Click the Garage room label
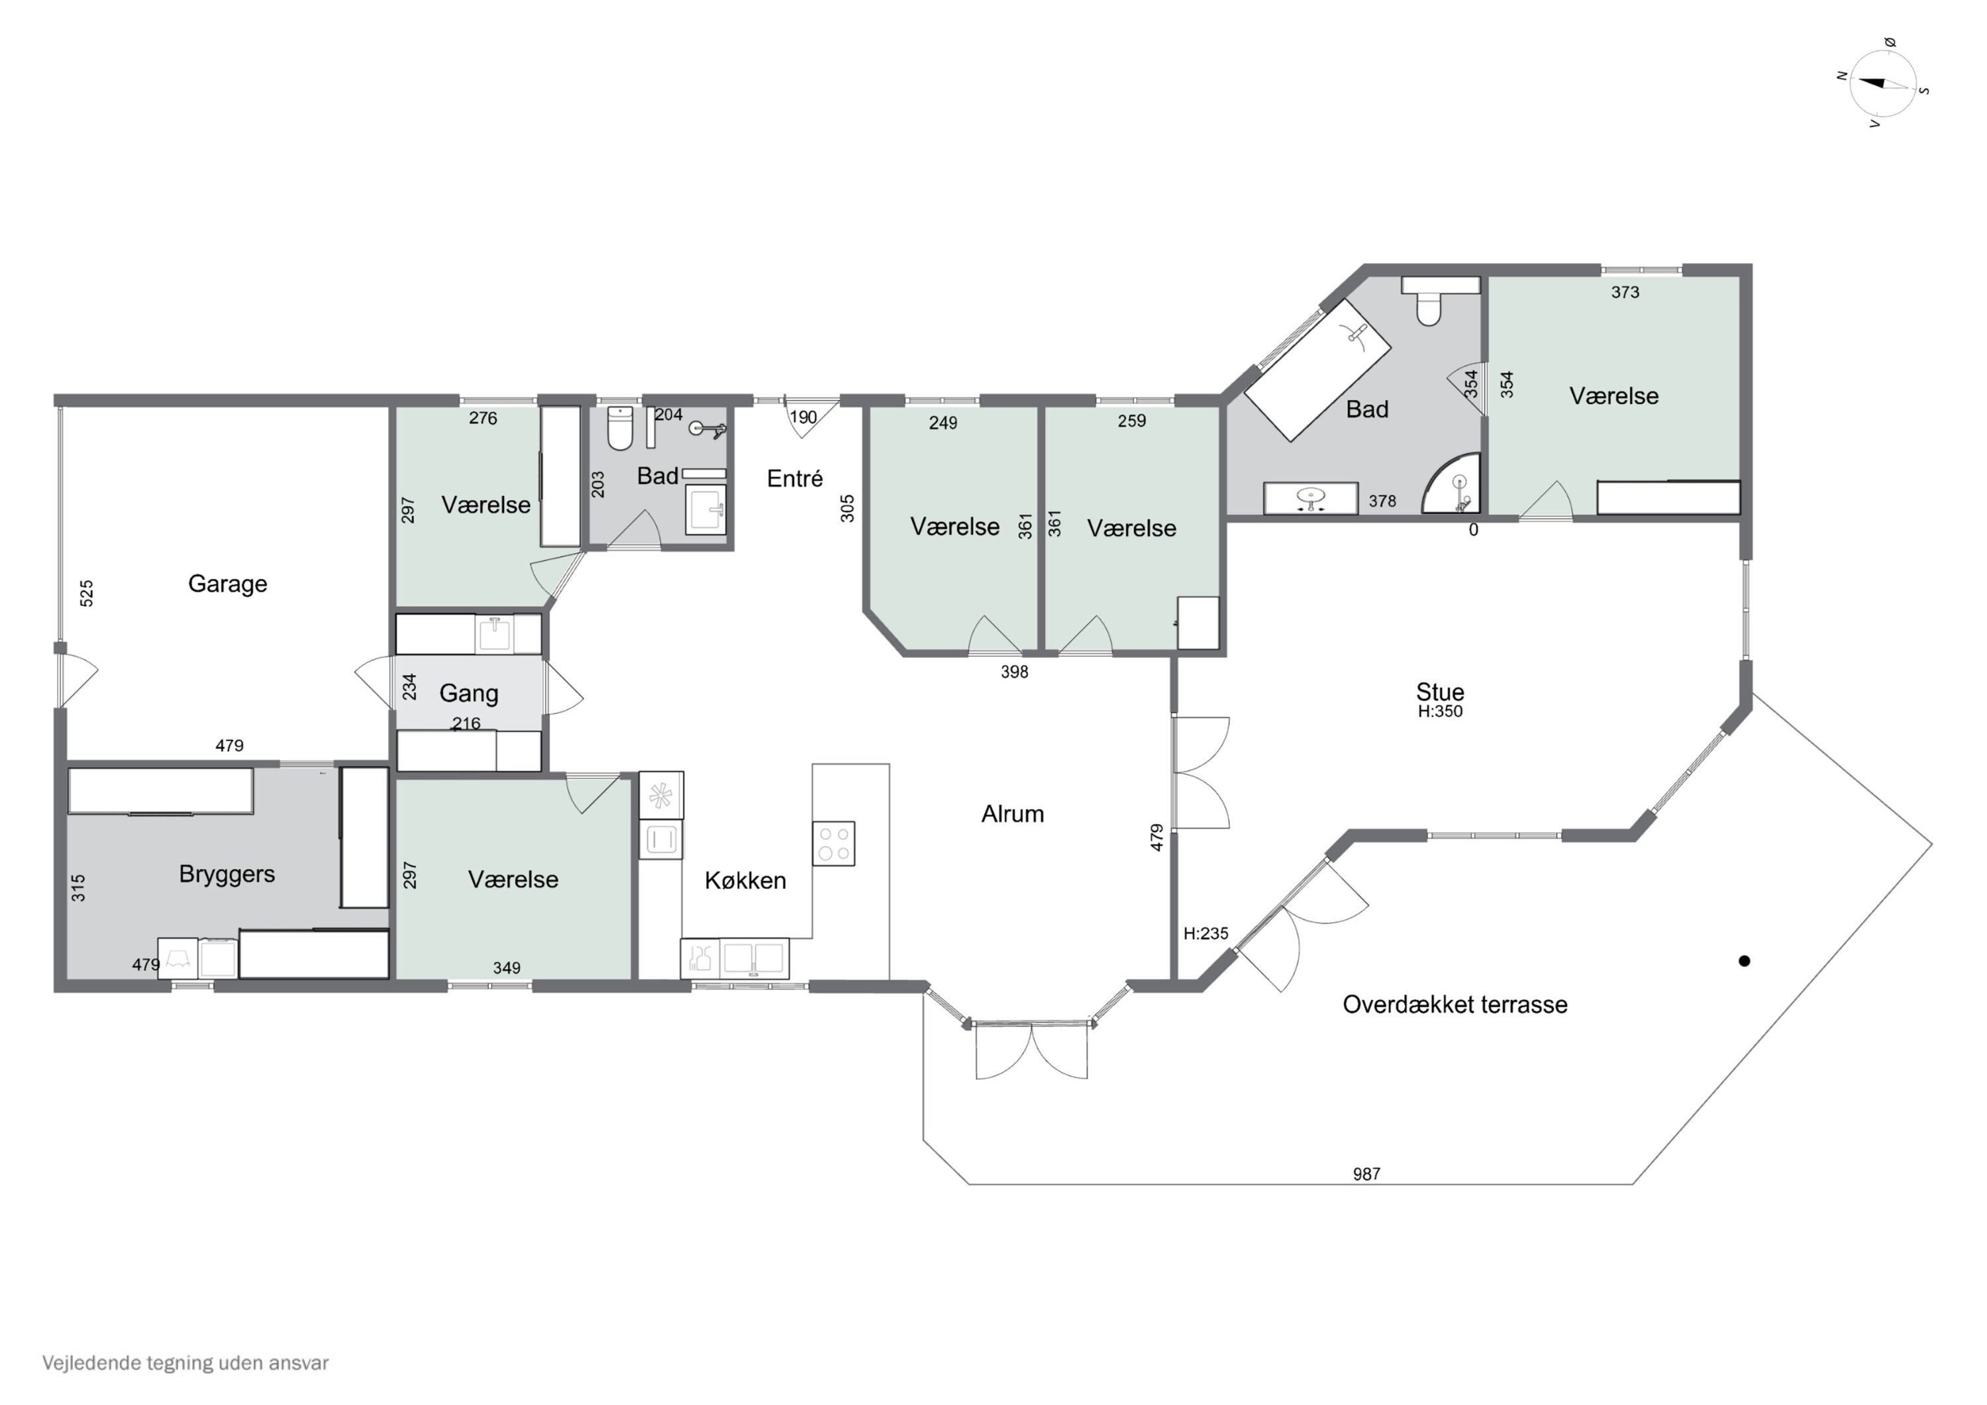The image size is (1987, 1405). pyautogui.click(x=228, y=584)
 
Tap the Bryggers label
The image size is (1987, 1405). pyautogui.click(x=227, y=874)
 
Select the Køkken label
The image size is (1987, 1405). pyautogui.click(x=745, y=880)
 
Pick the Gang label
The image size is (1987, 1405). pyautogui.click(x=469, y=694)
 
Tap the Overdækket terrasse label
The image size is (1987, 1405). pyautogui.click(x=1454, y=1004)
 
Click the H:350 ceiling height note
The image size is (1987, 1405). pyautogui.click(x=1440, y=711)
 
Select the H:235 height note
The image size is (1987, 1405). pyautogui.click(x=1205, y=933)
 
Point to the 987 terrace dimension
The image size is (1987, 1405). pyautogui.click(x=1366, y=1174)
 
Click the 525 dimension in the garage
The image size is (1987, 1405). pyautogui.click(x=87, y=593)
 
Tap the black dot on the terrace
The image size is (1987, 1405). pyautogui.click(x=1745, y=961)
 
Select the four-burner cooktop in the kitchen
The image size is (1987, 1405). pyautogui.click(x=833, y=843)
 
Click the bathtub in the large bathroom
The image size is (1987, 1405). pyautogui.click(x=1317, y=370)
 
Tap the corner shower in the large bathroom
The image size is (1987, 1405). pyautogui.click(x=1451, y=482)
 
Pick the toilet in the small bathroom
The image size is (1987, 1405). pyautogui.click(x=621, y=429)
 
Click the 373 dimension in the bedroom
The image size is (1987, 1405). pyautogui.click(x=1625, y=293)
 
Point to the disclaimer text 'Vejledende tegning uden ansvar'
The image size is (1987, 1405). pyautogui.click(x=185, y=1363)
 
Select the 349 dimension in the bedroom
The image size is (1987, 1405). pyautogui.click(x=507, y=968)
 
